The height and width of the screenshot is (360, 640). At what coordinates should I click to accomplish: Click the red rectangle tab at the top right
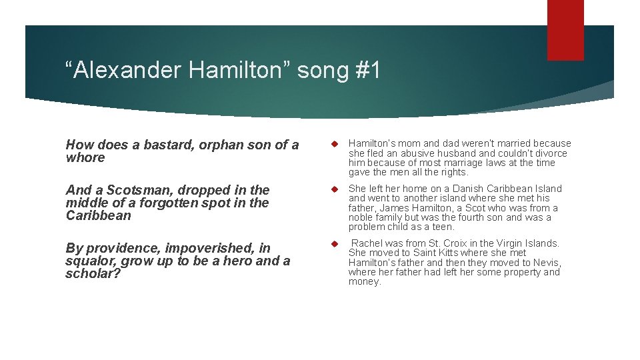tap(565, 30)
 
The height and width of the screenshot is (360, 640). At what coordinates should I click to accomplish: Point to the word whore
tap(85, 158)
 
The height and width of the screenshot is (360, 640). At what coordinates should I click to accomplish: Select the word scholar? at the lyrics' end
tap(93, 274)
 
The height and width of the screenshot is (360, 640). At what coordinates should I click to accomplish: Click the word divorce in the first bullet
tap(551, 153)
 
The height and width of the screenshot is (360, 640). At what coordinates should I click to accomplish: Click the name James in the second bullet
tap(395, 208)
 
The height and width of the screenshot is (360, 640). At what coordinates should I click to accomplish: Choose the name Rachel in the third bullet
tap(367, 243)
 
